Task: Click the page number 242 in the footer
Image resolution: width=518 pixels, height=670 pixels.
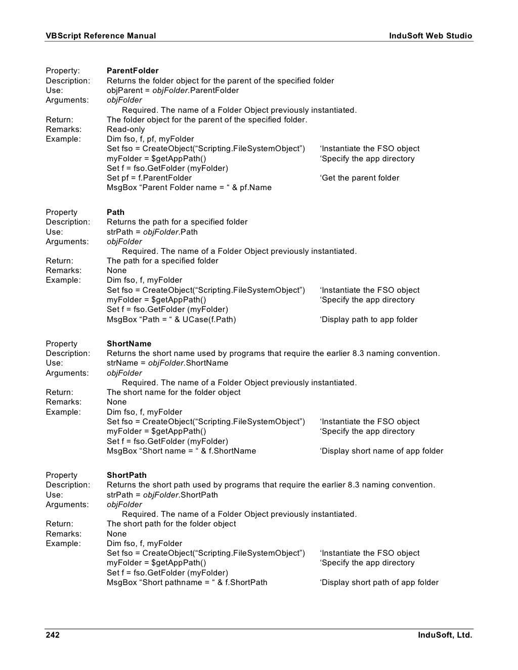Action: pos(53,635)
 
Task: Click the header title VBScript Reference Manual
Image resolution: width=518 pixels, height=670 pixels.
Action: pos(101,36)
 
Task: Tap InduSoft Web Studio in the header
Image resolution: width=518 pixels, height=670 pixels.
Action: pos(430,36)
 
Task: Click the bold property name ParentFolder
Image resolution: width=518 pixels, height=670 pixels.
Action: pos(133,71)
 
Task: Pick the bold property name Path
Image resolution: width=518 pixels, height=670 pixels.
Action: pos(115,212)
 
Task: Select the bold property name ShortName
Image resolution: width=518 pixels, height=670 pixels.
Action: pos(129,344)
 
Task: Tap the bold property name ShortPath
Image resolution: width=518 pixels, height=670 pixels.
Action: pos(126,475)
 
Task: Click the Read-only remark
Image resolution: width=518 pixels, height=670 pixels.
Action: pos(125,129)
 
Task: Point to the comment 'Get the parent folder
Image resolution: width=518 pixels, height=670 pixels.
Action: pos(359,178)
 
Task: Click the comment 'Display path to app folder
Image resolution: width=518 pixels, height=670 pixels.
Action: pos(368,320)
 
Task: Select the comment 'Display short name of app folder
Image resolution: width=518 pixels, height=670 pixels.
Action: pos(381,451)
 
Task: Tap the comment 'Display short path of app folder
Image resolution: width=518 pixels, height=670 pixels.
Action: pos(379,583)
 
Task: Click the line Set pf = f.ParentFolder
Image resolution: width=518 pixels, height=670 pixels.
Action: pos(149,178)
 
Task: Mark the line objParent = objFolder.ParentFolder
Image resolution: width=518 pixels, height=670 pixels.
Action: pos(172,91)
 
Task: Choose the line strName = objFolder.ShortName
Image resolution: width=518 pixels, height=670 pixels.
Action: pos(167,363)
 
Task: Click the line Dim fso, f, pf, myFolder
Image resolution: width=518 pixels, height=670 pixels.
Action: pos(150,139)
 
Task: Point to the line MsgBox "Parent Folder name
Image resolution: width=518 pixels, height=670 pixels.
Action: pos(189,188)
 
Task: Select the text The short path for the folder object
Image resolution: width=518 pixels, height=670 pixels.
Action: pos(171,524)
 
